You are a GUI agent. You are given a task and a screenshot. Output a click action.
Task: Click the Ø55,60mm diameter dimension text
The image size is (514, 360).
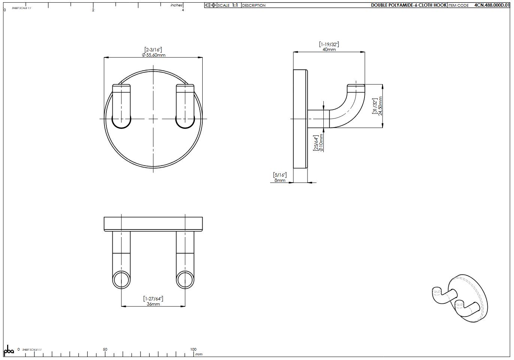click(x=154, y=55)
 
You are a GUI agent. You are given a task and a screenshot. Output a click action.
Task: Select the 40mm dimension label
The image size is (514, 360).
click(x=329, y=49)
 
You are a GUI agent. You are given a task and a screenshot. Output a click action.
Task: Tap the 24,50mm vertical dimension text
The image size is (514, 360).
click(x=380, y=106)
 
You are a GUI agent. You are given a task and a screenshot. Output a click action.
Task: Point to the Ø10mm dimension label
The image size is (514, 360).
click(x=321, y=143)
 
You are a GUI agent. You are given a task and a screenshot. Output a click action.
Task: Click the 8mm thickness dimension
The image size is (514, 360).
click(x=279, y=180)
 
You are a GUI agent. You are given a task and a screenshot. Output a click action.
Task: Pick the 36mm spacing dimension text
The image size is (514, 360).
click(x=153, y=304)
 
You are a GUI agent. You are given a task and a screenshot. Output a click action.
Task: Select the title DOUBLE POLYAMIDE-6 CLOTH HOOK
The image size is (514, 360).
click(x=409, y=5)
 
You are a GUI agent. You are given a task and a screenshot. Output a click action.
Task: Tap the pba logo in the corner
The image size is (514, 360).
click(x=9, y=351)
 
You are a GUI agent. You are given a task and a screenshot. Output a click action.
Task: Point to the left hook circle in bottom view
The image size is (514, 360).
click(x=121, y=280)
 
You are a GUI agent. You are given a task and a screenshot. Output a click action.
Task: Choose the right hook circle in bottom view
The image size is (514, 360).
click(x=185, y=280)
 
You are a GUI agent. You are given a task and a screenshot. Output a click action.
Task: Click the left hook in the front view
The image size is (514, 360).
click(x=121, y=107)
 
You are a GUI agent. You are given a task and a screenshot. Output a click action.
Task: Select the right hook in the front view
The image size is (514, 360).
click(x=185, y=107)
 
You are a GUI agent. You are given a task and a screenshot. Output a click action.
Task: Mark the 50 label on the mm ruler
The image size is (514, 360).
click(x=105, y=349)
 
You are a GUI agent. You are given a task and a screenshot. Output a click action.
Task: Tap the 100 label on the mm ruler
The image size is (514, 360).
click(x=193, y=349)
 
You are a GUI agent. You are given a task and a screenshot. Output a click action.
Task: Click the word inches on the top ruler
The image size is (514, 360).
click(x=176, y=5)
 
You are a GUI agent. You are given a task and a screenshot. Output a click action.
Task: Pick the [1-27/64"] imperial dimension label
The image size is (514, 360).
click(x=153, y=298)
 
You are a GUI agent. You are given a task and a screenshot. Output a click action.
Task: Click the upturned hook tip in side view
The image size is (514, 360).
click(x=356, y=88)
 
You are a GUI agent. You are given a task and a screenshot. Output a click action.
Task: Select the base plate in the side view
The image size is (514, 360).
click(x=300, y=119)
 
